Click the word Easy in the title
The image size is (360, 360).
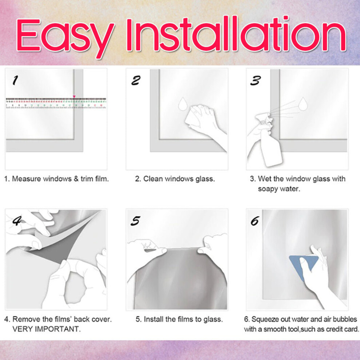click(65, 37)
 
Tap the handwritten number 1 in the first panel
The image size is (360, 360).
click(15, 80)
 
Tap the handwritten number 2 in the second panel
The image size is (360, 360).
click(136, 81)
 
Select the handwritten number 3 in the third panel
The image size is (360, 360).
click(256, 81)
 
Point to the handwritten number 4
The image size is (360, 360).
click(17, 221)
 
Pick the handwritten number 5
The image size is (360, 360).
click(136, 221)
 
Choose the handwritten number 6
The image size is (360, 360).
click(255, 221)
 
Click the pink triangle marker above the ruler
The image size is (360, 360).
click(74, 97)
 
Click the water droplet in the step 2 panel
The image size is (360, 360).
click(183, 104)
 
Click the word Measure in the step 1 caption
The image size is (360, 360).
click(27, 179)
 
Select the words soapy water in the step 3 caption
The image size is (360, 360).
click(279, 189)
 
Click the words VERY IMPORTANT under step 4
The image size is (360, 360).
click(47, 329)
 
